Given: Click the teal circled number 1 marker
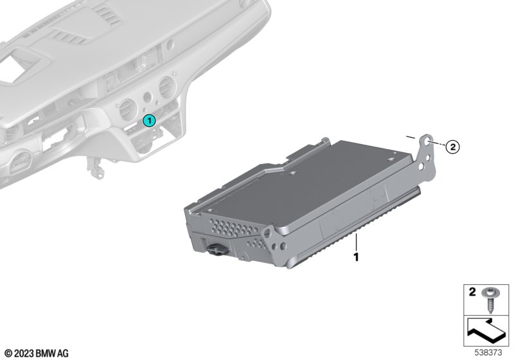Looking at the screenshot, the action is point(149,121).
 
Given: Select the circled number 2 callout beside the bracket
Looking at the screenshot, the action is point(453,147).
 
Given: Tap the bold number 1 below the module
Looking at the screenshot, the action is point(356,256).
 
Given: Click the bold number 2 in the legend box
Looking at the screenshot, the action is point(472,291).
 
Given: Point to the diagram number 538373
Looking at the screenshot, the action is point(488,353).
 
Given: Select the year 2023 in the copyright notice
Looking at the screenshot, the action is point(24,354).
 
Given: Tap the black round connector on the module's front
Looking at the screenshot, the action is point(217,250).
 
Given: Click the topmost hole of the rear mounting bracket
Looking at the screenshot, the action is point(428,141).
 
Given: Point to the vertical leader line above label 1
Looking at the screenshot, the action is point(356,242).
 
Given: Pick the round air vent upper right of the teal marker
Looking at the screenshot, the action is point(167,87).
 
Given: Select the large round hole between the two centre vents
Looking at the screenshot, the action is point(148,97).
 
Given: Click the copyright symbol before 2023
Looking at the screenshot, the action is point(9,354).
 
